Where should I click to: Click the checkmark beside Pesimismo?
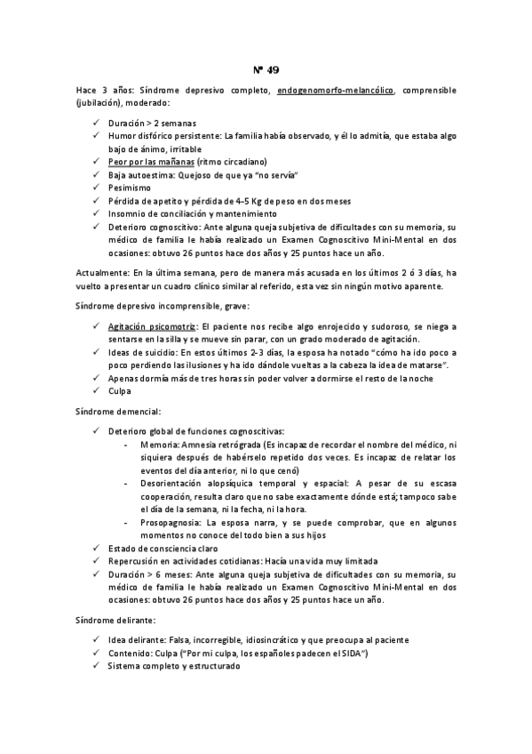coord(96,188)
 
